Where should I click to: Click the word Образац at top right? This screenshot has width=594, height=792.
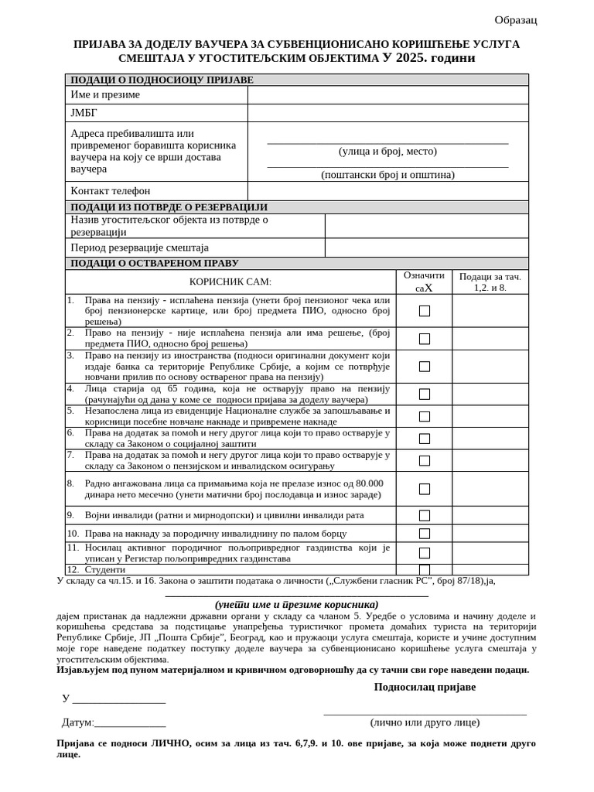[516, 20]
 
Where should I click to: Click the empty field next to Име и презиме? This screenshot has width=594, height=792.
[387, 95]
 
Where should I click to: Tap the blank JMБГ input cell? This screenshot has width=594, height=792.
[387, 113]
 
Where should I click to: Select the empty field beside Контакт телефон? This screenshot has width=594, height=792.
[387, 191]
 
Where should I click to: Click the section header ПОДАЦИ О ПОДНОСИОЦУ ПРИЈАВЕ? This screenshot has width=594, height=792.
[162, 80]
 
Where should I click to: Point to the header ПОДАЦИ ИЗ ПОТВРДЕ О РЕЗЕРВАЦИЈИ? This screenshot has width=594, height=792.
[169, 207]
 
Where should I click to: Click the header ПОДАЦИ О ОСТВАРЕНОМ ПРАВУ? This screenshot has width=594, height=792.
[154, 263]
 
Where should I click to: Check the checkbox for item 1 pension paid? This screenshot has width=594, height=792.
[425, 311]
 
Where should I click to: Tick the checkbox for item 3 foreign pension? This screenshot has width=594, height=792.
[425, 367]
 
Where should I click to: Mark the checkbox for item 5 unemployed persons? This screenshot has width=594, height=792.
[425, 417]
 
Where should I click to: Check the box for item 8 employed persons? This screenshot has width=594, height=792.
[425, 489]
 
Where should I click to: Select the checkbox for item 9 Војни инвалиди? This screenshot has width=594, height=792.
[425, 516]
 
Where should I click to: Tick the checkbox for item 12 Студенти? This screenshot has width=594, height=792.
[425, 570]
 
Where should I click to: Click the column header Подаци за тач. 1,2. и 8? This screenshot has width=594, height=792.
[490, 282]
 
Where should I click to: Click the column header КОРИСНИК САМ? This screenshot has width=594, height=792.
[230, 282]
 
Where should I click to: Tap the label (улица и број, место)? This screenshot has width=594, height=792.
[387, 152]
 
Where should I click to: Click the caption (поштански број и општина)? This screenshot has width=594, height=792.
[387, 175]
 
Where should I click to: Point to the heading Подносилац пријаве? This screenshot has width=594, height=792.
[425, 687]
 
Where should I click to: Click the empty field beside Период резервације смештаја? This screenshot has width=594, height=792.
[426, 248]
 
